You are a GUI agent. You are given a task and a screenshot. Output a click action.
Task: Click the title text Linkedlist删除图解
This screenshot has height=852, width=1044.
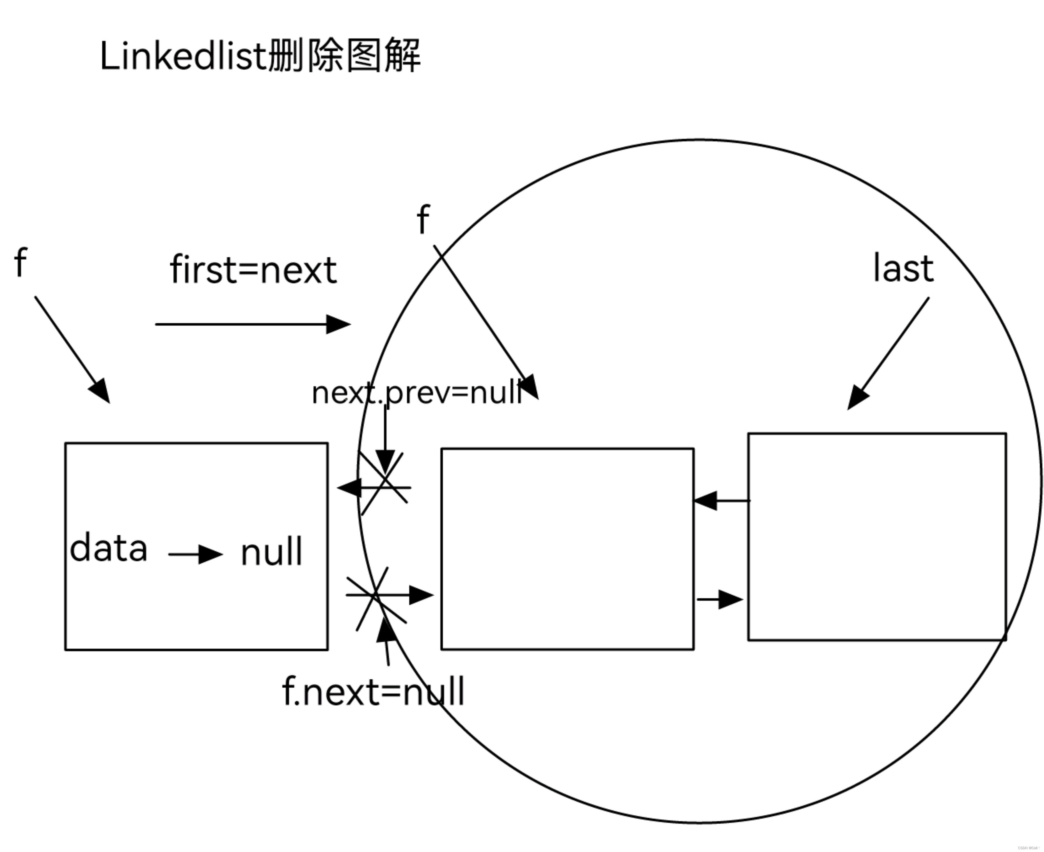pyautogui.click(x=260, y=56)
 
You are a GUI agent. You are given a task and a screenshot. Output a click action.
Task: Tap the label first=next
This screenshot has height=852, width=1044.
pyautogui.click(x=253, y=270)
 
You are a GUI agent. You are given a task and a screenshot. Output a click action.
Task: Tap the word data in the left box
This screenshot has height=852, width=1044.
pyautogui.click(x=109, y=548)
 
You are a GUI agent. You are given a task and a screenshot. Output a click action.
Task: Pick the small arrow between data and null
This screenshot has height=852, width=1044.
pyautogui.click(x=195, y=555)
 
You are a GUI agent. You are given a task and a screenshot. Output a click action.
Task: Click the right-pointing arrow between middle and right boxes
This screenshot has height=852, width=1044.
pyautogui.click(x=720, y=599)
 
